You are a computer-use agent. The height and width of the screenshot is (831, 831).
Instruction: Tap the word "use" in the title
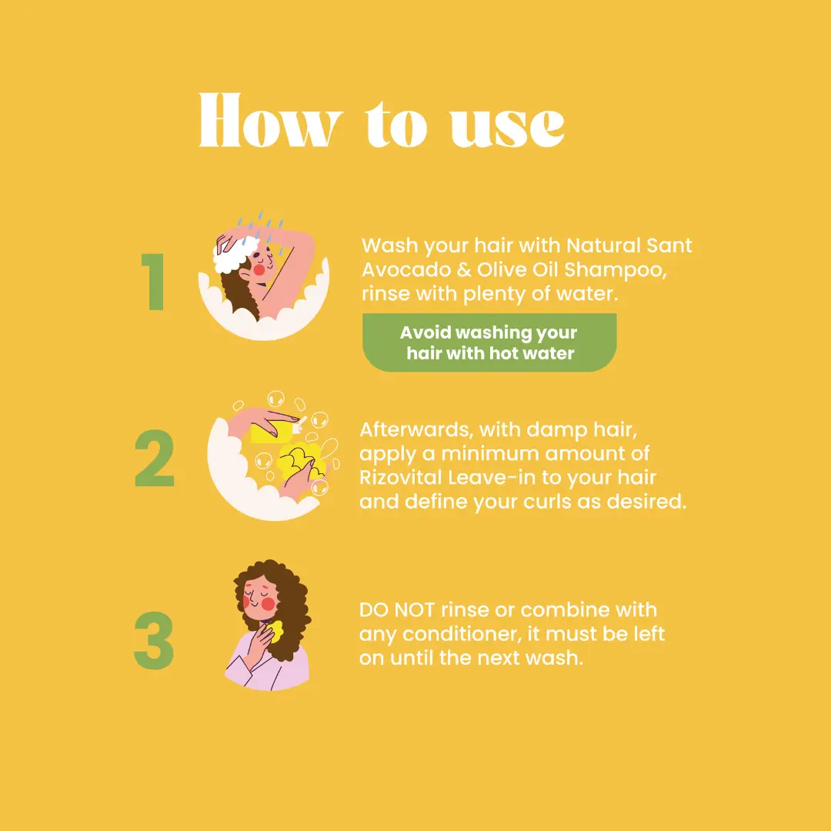[x=507, y=126]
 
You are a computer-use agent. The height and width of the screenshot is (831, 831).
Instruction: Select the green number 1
[x=154, y=282]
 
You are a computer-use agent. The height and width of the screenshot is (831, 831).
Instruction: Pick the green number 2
[x=154, y=458]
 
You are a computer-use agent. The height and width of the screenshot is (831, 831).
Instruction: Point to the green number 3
[x=154, y=640]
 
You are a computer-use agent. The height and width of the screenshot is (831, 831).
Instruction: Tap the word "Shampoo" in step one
[x=615, y=270]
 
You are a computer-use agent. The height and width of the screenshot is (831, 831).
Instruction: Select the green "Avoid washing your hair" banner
[x=489, y=342]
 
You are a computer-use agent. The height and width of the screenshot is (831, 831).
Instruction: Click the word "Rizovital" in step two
[x=401, y=478]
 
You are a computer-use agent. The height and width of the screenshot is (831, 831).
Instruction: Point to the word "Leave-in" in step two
[x=491, y=478]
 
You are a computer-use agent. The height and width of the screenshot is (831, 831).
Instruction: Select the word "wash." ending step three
[x=554, y=658]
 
